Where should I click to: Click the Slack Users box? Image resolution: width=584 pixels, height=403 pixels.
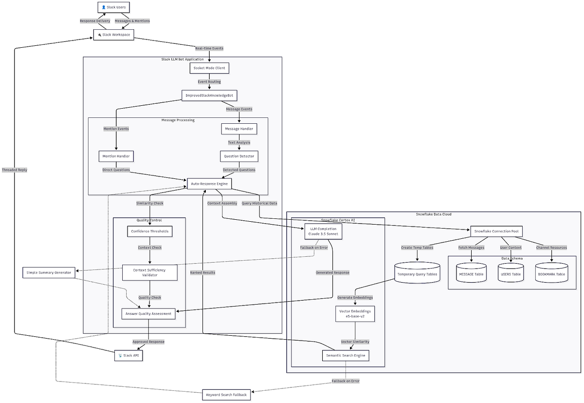click(114, 8)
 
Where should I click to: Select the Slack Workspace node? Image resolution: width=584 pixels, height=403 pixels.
click(113, 35)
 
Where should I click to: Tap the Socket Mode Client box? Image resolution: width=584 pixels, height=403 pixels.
click(209, 68)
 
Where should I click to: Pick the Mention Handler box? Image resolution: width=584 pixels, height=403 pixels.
click(116, 156)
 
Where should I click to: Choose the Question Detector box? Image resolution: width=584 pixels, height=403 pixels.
click(238, 156)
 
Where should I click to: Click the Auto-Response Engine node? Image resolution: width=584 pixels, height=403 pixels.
click(209, 184)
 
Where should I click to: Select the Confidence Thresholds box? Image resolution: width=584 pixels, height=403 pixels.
click(149, 231)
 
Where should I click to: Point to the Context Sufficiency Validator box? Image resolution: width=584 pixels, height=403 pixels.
click(149, 272)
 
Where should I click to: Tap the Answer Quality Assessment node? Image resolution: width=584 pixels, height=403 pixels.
click(148, 314)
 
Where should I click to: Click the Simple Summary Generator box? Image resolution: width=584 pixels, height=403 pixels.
click(49, 272)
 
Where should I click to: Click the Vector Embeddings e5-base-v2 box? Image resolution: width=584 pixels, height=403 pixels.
click(355, 314)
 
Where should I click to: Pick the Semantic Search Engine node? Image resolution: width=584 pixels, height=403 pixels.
click(346, 356)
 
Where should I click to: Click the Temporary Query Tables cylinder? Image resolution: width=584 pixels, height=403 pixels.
click(417, 274)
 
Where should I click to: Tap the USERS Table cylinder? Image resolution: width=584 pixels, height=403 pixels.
click(511, 274)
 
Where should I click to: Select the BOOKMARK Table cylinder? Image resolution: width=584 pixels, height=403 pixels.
click(551, 274)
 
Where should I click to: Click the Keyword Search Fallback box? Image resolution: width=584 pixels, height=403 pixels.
click(226, 394)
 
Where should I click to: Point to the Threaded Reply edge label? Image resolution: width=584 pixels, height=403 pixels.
click(15, 170)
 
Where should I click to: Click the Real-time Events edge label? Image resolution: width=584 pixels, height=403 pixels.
click(209, 48)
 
